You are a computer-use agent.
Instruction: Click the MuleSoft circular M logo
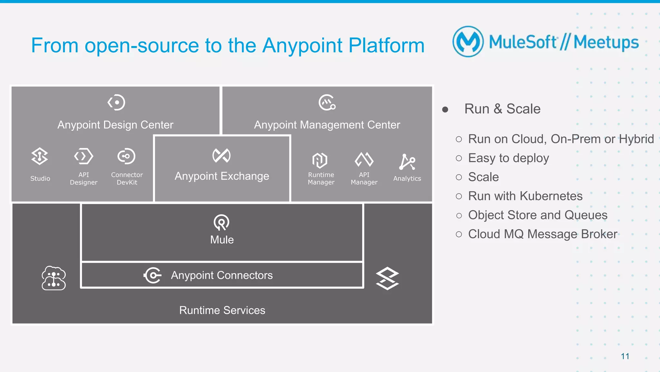(x=468, y=42)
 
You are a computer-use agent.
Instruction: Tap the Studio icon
(x=40, y=156)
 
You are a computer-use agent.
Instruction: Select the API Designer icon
(x=83, y=156)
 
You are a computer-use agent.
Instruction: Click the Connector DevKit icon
(x=126, y=156)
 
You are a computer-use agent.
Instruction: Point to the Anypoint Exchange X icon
(x=221, y=156)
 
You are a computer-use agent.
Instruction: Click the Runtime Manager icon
(x=320, y=160)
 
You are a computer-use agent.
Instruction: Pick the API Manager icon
(x=364, y=159)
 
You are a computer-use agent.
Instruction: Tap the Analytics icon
(x=407, y=162)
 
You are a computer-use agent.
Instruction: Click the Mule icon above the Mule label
(x=221, y=222)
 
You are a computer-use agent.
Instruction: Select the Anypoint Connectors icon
(x=152, y=275)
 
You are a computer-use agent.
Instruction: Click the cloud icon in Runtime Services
(x=53, y=278)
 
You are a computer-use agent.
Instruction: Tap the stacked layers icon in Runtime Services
(x=387, y=278)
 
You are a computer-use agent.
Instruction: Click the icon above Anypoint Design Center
(x=116, y=103)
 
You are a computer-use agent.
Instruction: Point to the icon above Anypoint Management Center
(x=327, y=103)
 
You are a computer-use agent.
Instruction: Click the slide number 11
(x=625, y=356)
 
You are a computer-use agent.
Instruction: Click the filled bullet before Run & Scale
(x=445, y=110)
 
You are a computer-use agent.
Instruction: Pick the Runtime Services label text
(x=222, y=310)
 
